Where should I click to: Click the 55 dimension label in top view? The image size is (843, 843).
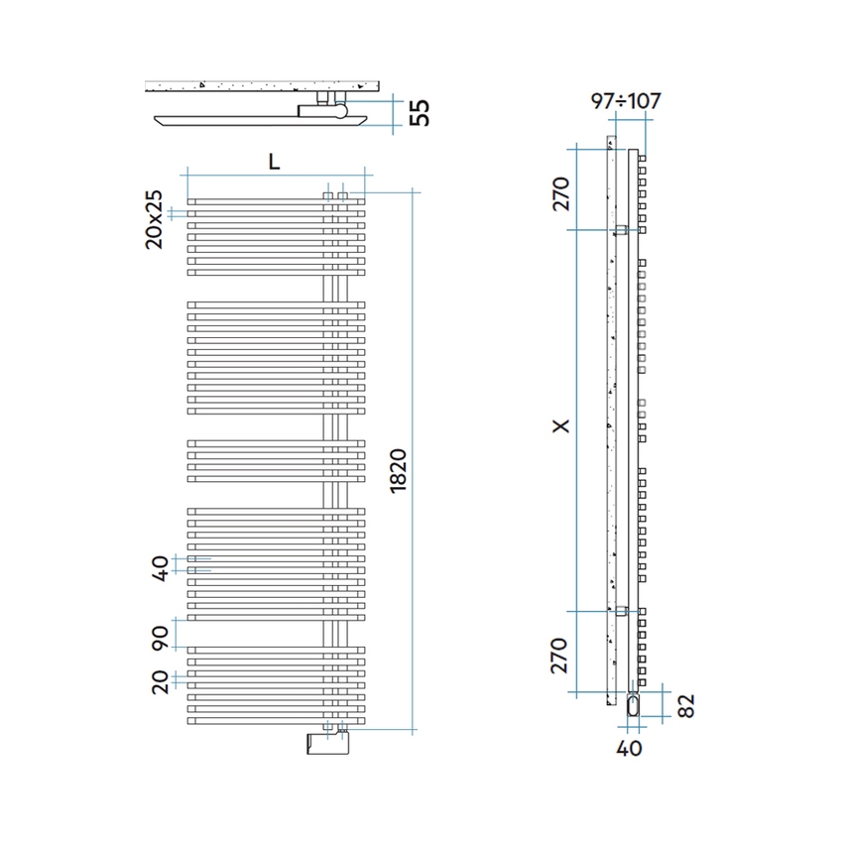(420, 112)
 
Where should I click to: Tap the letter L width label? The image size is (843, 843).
(274, 162)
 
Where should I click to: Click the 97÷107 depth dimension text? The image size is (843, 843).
(625, 101)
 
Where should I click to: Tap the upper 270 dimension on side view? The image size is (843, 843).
(560, 190)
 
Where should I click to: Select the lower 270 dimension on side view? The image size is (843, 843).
(560, 656)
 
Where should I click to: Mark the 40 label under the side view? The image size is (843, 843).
(630, 747)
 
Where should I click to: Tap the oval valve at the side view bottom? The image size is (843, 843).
(633, 704)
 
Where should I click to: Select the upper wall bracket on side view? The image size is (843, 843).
(621, 230)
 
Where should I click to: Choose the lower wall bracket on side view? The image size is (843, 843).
(621, 611)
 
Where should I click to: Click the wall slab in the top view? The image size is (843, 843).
(263, 86)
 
